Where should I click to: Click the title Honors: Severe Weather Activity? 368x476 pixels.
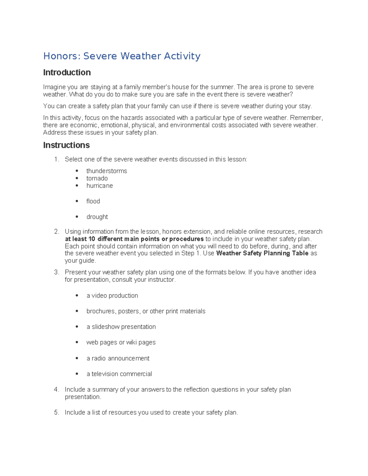pos(122,56)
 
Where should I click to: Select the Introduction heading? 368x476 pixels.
pos(67,72)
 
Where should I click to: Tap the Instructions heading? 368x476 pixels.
pos(66,145)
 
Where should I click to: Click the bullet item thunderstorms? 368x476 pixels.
pos(106,171)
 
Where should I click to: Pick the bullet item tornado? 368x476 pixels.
pos(97,178)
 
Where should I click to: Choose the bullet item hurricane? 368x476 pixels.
pos(99,186)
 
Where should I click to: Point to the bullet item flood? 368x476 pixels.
pos(93,201)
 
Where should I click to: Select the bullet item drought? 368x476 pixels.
pos(97,217)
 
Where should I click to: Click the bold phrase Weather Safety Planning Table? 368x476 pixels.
pos(262,253)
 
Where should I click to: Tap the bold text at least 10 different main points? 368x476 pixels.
pos(117,239)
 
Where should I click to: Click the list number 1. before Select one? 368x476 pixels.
pos(56,159)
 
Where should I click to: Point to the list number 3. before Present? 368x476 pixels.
pos(56,272)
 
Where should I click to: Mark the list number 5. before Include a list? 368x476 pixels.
pos(56,413)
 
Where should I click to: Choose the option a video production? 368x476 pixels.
pos(112,295)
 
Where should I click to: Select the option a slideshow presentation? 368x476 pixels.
pos(121,327)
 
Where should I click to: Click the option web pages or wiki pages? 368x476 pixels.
pos(121,342)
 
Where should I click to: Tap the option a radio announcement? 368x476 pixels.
pos(118,358)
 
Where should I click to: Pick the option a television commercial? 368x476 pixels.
pos(119,374)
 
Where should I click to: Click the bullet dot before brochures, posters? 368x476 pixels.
pos(77,311)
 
